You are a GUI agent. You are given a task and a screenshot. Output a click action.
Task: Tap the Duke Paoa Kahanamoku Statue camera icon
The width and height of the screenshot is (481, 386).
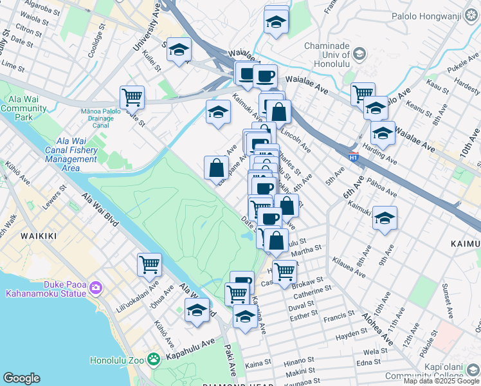pos(96,286)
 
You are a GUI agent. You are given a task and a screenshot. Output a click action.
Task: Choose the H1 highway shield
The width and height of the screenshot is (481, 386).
pos(353,156)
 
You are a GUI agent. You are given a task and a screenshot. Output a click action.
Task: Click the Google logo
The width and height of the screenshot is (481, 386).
pos(21,378)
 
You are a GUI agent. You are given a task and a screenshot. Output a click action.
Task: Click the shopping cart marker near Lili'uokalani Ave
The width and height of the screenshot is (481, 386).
pos(149,263)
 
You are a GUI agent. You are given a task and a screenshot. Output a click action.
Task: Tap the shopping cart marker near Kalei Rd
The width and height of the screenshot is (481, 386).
pos(132,98)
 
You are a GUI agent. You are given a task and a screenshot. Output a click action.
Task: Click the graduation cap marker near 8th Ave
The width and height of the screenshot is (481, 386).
pos(385,218)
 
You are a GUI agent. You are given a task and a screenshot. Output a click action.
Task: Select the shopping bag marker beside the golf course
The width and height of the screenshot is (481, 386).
pos(217,167)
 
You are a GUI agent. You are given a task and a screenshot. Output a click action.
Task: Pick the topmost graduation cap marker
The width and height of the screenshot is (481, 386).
pos(276,21)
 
